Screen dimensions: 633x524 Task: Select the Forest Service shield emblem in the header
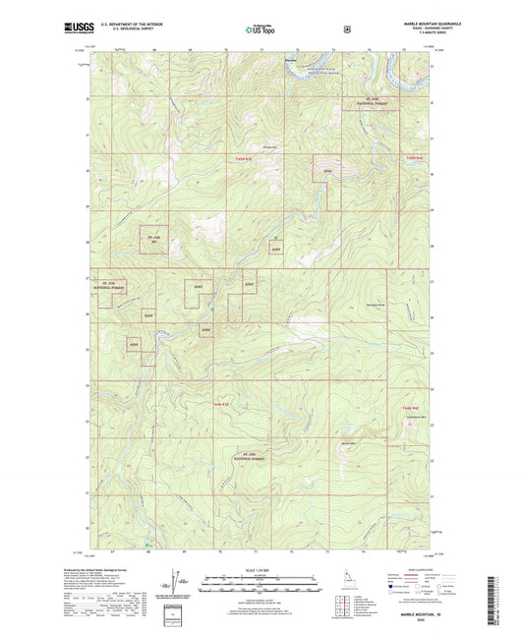(x=346, y=29)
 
